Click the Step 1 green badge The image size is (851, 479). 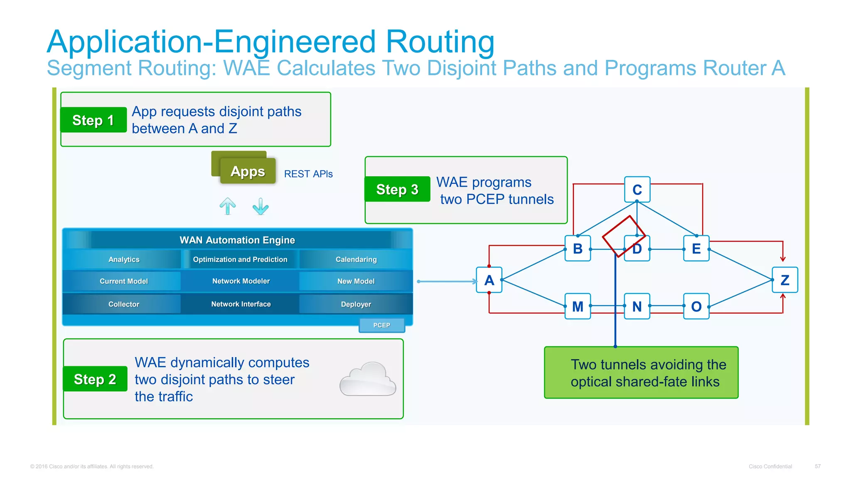coord(93,120)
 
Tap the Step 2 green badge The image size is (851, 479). coord(95,379)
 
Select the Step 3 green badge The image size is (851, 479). coord(397,189)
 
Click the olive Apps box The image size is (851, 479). coord(247,171)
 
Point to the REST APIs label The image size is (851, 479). coord(308,174)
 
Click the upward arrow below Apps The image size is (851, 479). coord(227,206)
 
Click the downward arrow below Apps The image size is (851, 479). coord(261,206)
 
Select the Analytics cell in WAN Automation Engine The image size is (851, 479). coord(123,259)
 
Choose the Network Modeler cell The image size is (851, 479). coord(241,281)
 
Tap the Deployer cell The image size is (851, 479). coord(356,304)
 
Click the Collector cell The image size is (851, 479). coord(123,304)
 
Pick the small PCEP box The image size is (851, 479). coord(381,325)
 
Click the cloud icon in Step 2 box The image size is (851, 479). coord(367,379)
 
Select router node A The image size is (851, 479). coord(489,280)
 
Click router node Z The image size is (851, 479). coord(785,280)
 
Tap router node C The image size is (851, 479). coord(637,190)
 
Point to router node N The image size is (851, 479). coord(637,306)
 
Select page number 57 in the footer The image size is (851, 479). coord(817,467)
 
